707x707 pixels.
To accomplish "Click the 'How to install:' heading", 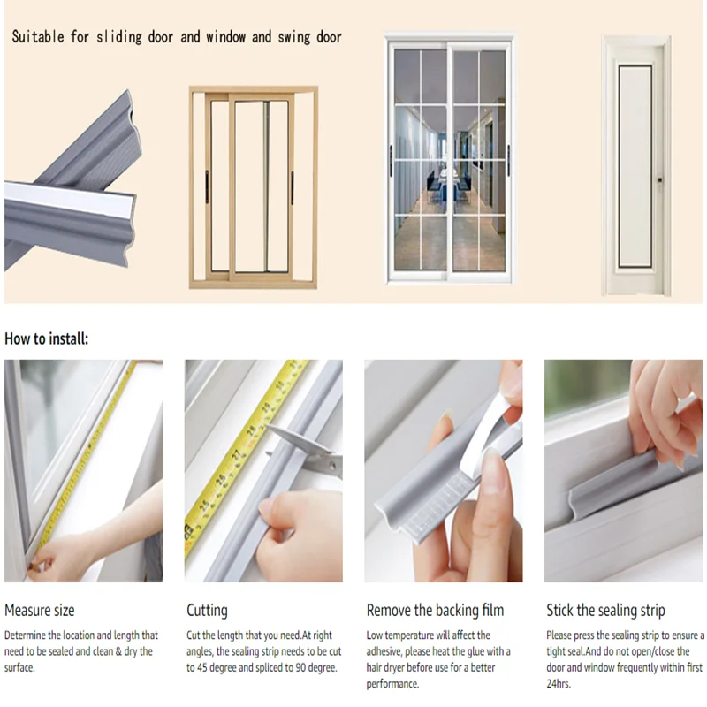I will (x=47, y=338).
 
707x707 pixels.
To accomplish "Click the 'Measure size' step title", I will (x=40, y=610).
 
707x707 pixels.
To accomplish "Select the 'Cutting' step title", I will (x=207, y=610).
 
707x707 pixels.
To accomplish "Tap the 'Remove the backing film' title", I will (x=435, y=610).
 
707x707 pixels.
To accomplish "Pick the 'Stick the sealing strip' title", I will (x=605, y=610).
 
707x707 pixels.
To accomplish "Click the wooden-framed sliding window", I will (x=253, y=187).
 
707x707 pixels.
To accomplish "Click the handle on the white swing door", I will (x=658, y=180).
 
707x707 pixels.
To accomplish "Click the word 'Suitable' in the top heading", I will (x=36, y=37).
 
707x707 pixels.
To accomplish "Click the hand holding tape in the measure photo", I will (x=66, y=557).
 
